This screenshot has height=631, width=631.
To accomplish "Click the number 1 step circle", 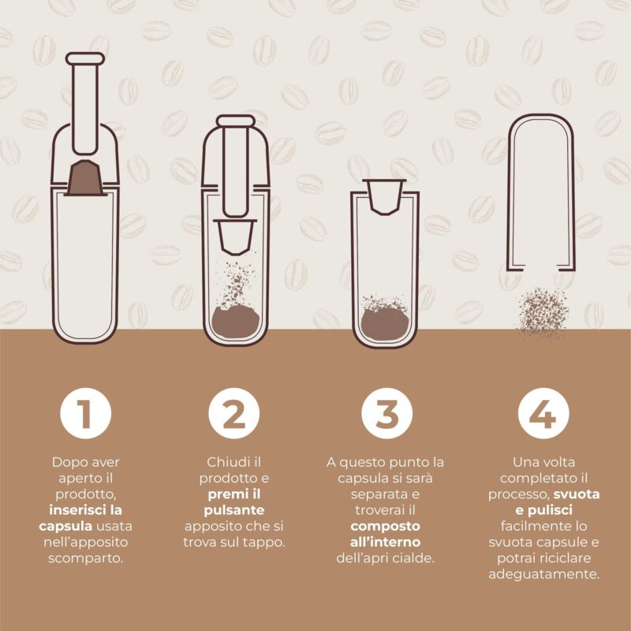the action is [85, 413].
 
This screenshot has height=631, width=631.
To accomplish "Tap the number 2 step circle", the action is [233, 413].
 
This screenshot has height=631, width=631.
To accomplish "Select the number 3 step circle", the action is [386, 413].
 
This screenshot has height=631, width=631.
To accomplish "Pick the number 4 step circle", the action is [543, 413].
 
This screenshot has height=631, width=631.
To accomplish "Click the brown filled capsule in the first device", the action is [85, 178].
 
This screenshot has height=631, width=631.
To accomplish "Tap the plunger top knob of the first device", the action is [85, 58].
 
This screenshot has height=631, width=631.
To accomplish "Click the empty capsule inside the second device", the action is [235, 237].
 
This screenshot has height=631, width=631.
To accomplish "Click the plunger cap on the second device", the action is [236, 121].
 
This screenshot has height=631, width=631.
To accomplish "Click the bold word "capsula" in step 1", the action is [65, 526].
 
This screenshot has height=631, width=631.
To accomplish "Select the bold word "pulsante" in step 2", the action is [234, 510].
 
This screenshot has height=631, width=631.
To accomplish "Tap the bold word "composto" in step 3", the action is [385, 526].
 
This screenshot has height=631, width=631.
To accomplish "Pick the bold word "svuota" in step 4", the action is [577, 495].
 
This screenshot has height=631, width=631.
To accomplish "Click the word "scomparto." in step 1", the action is [85, 558].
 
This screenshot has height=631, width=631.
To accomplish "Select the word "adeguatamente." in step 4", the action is [544, 574].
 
